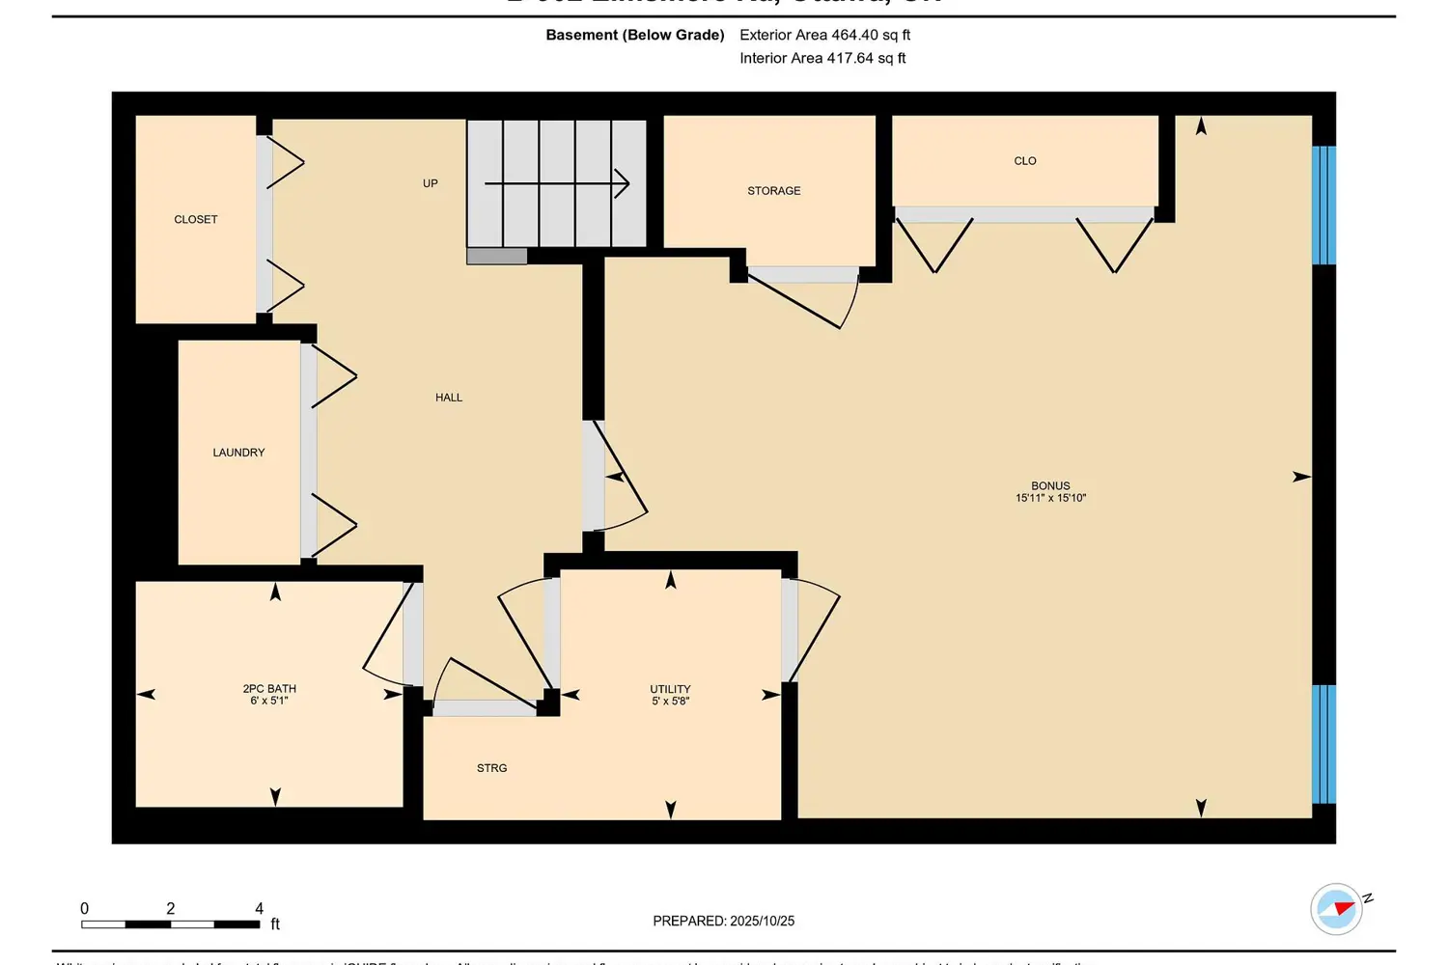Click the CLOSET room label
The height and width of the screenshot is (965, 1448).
(196, 220)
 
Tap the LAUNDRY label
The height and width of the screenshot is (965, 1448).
(238, 453)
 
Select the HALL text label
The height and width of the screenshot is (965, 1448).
(449, 398)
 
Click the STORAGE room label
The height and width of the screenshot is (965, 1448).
(774, 191)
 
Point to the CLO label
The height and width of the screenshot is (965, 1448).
(1025, 161)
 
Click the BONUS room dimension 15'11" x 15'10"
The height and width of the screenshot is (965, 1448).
(1050, 499)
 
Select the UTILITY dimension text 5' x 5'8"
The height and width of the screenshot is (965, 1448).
(670, 702)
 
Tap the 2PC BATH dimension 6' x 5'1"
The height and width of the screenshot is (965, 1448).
(269, 702)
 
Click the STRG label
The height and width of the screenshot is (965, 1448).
(491, 768)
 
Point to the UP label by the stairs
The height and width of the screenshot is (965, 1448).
(431, 183)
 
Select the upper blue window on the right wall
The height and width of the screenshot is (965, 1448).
(1323, 206)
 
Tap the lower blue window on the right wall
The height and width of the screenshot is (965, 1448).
(1323, 744)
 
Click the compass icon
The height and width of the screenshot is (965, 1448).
(1337, 908)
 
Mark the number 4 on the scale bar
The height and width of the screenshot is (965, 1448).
(259, 908)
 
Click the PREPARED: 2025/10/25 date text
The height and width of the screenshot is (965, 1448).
(724, 922)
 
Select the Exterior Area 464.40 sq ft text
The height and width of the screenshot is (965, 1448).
(824, 35)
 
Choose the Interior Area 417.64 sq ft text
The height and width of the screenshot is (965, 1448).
(822, 58)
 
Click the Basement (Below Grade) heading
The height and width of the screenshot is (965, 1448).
(635, 35)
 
